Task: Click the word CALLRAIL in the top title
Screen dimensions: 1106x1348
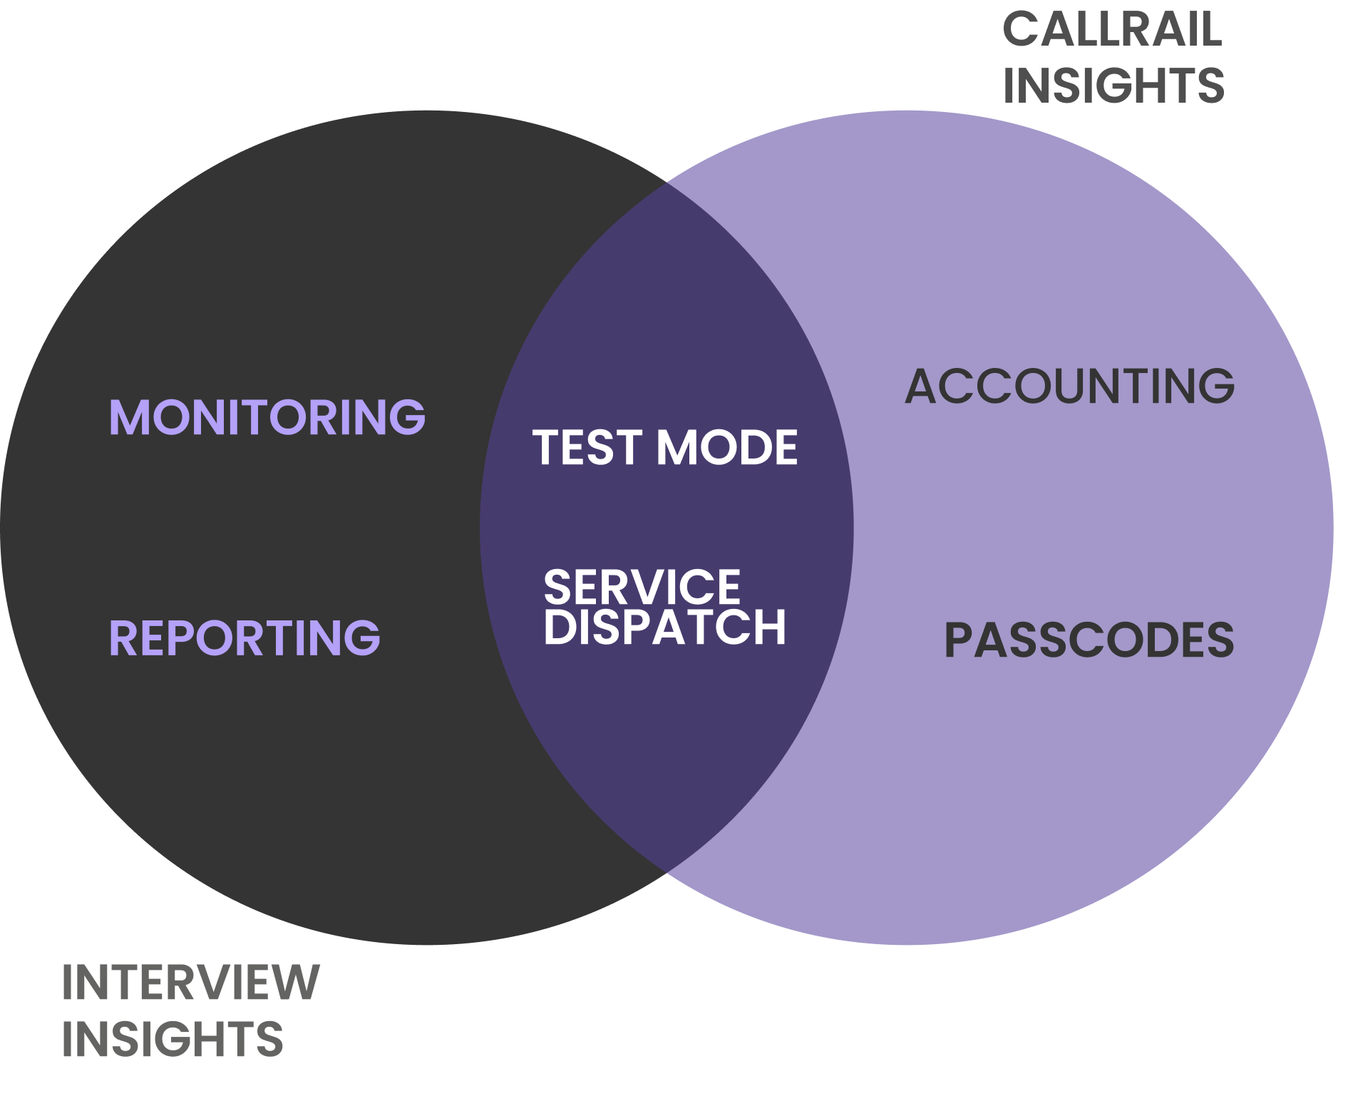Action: click(x=1111, y=30)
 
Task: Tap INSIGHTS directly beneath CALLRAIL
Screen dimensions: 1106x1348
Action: click(x=1113, y=86)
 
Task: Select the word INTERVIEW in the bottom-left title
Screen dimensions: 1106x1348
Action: click(x=190, y=983)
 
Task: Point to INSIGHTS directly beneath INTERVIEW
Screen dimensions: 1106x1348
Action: click(x=173, y=1038)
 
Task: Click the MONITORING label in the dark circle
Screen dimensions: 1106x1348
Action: click(x=267, y=417)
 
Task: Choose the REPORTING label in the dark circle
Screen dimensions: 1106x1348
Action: click(x=244, y=638)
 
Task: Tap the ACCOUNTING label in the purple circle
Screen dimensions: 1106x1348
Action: click(x=1069, y=386)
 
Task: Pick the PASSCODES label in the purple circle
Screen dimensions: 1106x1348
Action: click(x=1089, y=640)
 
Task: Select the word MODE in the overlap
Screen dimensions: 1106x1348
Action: click(x=727, y=448)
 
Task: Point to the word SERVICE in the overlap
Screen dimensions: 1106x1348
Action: click(x=642, y=587)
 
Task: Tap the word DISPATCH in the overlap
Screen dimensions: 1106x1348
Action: click(x=664, y=627)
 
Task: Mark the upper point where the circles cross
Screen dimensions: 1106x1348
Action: click(x=667, y=183)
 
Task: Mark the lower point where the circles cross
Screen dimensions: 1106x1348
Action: click(x=667, y=872)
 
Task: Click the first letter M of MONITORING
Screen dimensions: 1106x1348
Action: click(x=129, y=417)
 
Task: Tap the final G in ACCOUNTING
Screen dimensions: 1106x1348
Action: click(x=1215, y=386)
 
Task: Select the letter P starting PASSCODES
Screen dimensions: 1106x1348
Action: click(x=958, y=640)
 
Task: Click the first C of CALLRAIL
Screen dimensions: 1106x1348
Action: click(x=1022, y=30)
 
